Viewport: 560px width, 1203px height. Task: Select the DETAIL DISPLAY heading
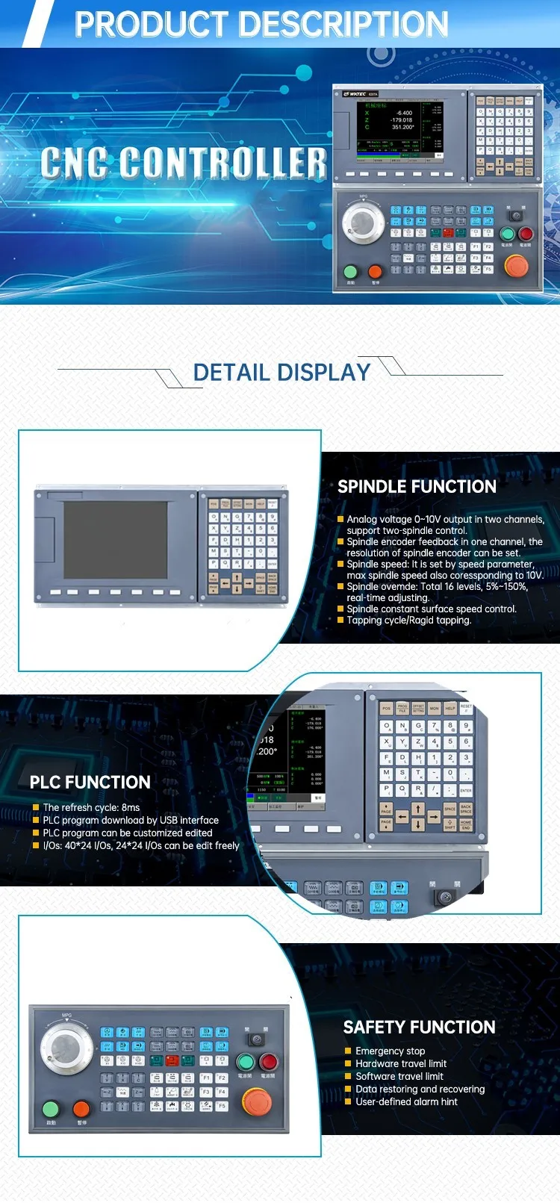click(x=281, y=372)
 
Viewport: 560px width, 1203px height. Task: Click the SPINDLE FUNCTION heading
click(x=417, y=487)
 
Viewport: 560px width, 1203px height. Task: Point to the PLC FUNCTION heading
click(x=90, y=782)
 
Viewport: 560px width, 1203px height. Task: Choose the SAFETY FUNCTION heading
click(x=419, y=1027)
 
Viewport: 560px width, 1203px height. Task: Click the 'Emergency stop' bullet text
click(x=390, y=1051)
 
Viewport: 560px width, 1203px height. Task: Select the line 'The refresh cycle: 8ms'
click(x=91, y=807)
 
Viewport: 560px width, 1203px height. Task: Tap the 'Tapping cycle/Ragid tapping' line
click(x=408, y=620)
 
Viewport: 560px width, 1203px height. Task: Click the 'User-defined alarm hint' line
click(x=406, y=1101)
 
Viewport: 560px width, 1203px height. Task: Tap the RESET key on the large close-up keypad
click(x=466, y=707)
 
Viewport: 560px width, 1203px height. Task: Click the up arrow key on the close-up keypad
click(x=418, y=809)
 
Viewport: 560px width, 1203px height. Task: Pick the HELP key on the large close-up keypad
click(x=450, y=708)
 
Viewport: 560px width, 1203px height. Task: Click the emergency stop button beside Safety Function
click(x=257, y=1100)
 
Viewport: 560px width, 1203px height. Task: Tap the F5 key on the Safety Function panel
click(x=222, y=1106)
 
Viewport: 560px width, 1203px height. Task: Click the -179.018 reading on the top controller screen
click(x=402, y=119)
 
